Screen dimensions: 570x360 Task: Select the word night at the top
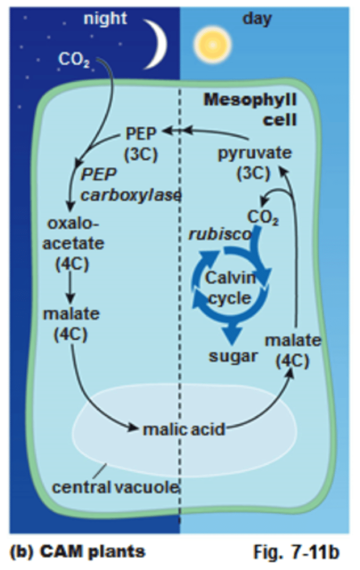pyautogui.click(x=105, y=19)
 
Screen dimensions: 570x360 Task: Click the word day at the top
pyautogui.click(x=257, y=19)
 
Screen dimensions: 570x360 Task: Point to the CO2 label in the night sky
pyautogui.click(x=72, y=60)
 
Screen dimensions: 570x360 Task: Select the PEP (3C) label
pyautogui.click(x=141, y=143)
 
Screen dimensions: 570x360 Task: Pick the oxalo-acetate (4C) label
pyautogui.click(x=72, y=244)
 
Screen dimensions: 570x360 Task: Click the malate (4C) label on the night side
pyautogui.click(x=71, y=324)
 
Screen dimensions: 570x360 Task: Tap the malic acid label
pyautogui.click(x=183, y=429)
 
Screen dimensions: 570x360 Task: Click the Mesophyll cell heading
pyautogui.click(x=250, y=109)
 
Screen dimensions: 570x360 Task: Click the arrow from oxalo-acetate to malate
pyautogui.click(x=71, y=287)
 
